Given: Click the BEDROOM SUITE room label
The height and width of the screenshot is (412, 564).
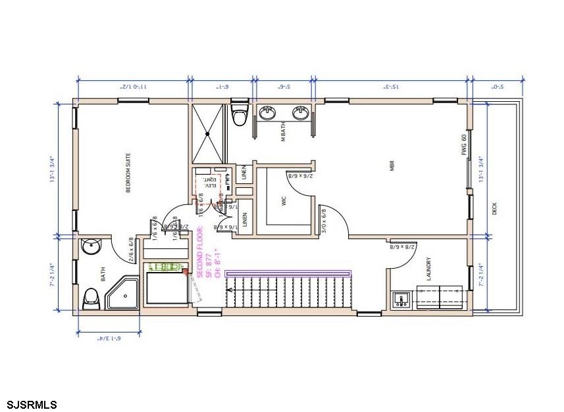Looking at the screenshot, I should tap(129, 173).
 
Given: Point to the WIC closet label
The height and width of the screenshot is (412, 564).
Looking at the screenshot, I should tap(284, 201).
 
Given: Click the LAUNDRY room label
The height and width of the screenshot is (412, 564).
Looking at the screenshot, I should tap(428, 268).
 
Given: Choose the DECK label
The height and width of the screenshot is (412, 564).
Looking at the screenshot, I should tap(494, 209).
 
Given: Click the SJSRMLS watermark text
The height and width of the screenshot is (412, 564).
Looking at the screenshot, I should tap(32, 403).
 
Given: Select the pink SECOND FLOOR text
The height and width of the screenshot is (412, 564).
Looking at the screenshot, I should tap(201, 252).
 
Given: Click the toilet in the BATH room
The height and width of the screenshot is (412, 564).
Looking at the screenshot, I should tap(91, 299).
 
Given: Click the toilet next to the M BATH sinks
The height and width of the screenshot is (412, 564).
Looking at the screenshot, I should tap(240, 114).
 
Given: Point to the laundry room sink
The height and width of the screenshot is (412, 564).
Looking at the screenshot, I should tap(401, 301).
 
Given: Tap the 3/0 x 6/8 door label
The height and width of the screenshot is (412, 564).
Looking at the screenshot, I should tap(323, 221).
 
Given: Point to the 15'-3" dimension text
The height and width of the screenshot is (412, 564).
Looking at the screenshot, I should tap(391, 86).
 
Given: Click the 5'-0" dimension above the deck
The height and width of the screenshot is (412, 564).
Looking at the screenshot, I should tap(498, 86).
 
